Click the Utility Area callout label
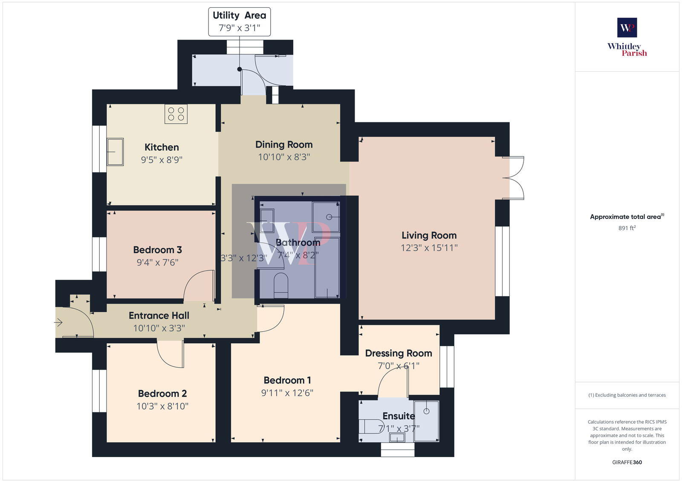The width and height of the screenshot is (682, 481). coord(239,22)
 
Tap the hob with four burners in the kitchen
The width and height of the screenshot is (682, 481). coord(176,113)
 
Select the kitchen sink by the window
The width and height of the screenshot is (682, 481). coord(115,152)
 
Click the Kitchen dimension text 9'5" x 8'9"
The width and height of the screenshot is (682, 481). coord(162,160)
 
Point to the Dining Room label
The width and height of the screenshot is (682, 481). coord(284,145)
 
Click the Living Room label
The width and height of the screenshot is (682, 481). coord(429,235)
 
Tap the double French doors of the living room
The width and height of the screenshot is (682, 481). coord(514,178)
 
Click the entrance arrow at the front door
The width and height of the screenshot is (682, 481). coord(58,323)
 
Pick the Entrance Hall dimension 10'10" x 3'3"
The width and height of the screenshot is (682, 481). coord(159,328)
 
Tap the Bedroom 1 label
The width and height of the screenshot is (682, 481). coord(287,380)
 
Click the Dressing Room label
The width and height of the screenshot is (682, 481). coord(399,354)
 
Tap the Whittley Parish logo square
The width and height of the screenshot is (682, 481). coord(627,28)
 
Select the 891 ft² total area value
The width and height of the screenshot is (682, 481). coord(627,228)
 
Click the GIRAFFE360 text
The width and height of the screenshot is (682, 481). coord(627,462)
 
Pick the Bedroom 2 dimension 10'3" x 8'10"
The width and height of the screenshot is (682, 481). coord(162,406)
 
